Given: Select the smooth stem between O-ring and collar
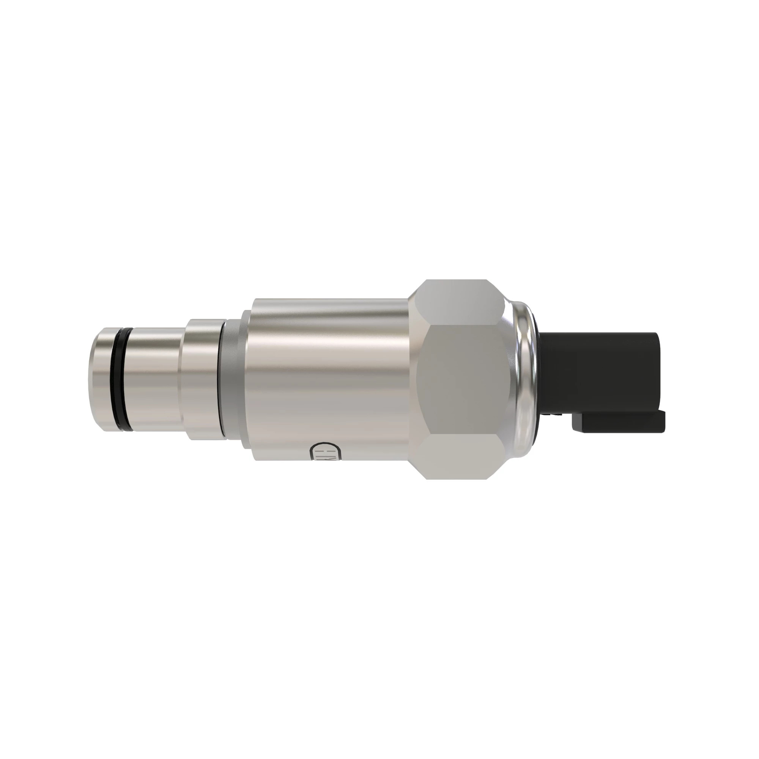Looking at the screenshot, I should click(x=153, y=378).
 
